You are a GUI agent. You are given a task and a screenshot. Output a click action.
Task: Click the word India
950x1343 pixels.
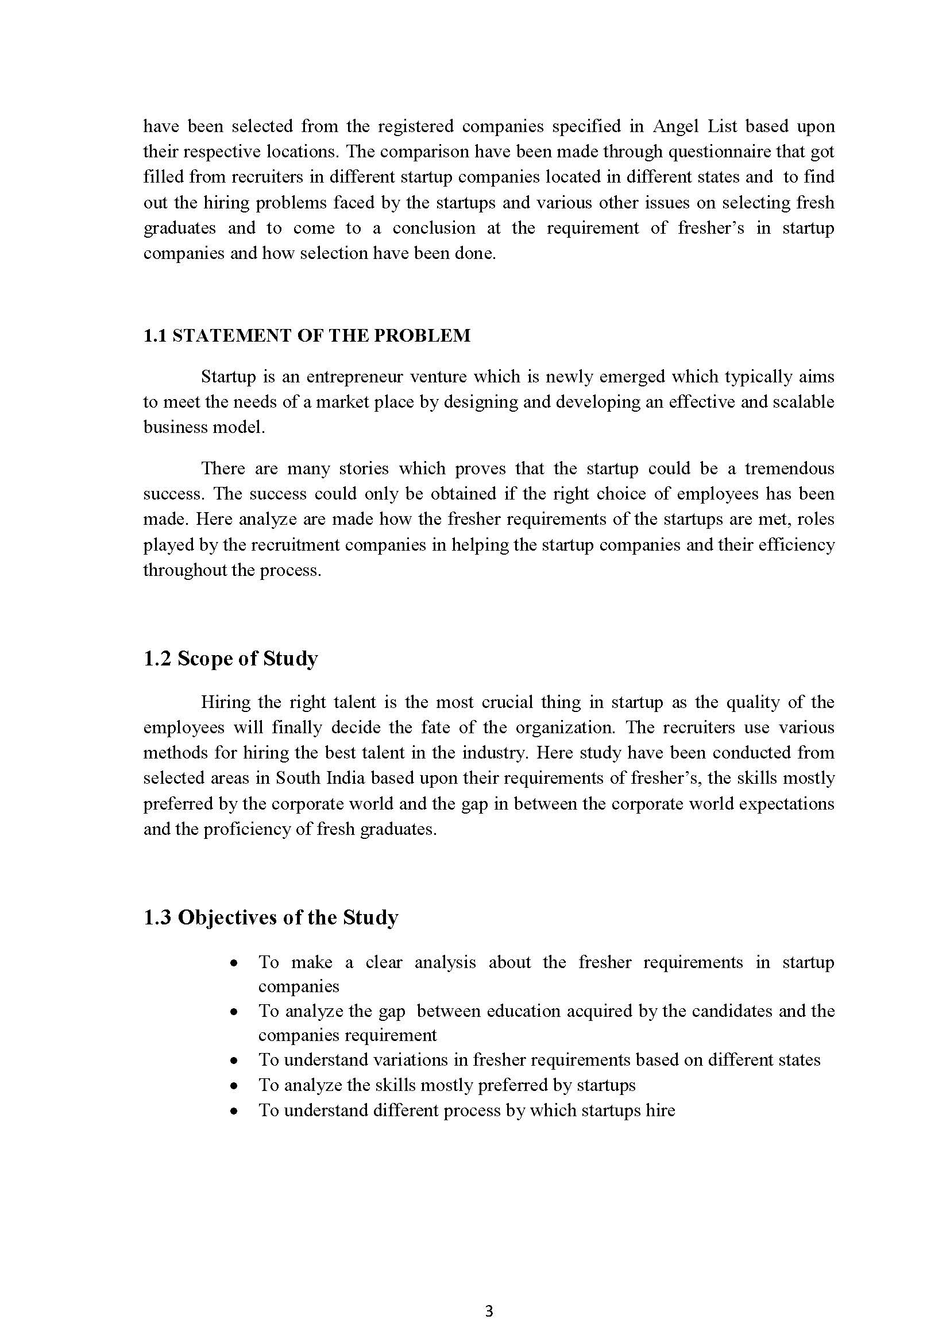point(344,778)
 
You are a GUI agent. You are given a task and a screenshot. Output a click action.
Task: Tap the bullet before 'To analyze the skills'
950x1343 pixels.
point(234,1086)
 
